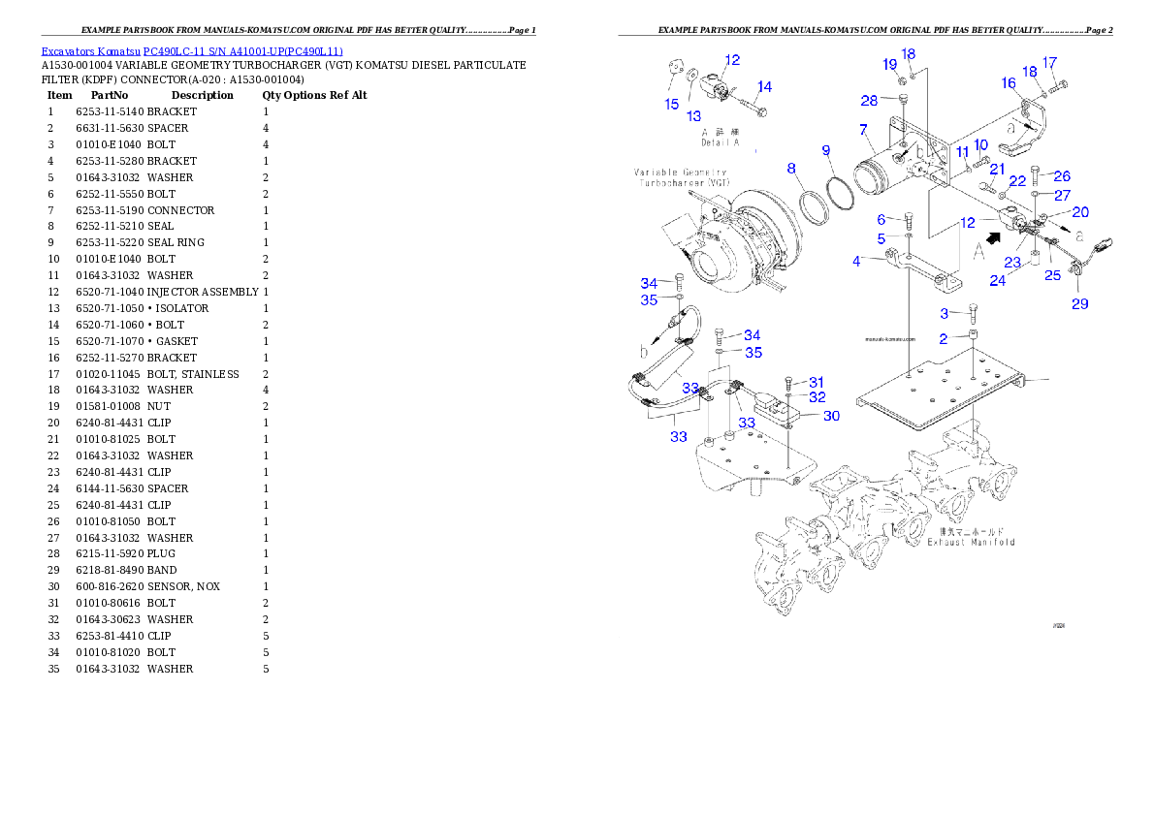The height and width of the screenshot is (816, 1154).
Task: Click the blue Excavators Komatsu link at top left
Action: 192,50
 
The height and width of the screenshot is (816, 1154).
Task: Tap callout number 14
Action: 765,87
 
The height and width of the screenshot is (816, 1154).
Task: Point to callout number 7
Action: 862,129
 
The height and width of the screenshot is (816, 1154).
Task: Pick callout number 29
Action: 1079,304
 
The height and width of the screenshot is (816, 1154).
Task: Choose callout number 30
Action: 831,416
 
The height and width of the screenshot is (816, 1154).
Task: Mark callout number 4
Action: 857,261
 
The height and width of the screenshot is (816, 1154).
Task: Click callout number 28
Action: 869,101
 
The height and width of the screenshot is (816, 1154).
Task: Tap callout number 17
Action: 1049,63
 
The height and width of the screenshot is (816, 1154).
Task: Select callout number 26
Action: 1063,176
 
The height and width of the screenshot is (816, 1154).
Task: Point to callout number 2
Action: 942,339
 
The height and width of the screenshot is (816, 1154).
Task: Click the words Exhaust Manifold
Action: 971,542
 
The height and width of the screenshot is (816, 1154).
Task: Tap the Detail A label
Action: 720,142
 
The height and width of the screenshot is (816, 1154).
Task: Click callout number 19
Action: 890,64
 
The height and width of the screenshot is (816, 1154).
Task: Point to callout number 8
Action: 791,168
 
